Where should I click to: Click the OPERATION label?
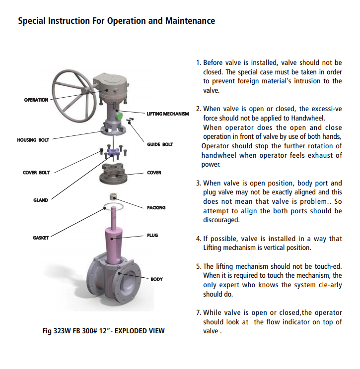coord(36,100)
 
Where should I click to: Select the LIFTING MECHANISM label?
coord(168,114)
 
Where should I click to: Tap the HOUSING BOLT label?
coord(33,140)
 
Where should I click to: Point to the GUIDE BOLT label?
coord(160,144)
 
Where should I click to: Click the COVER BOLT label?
coord(36,173)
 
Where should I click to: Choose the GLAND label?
coord(41,200)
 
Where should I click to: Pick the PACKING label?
coord(156,208)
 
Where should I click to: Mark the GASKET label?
coord(41,238)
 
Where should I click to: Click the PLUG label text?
coord(152,235)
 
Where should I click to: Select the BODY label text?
coord(156,279)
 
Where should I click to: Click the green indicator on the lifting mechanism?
coord(119,116)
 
